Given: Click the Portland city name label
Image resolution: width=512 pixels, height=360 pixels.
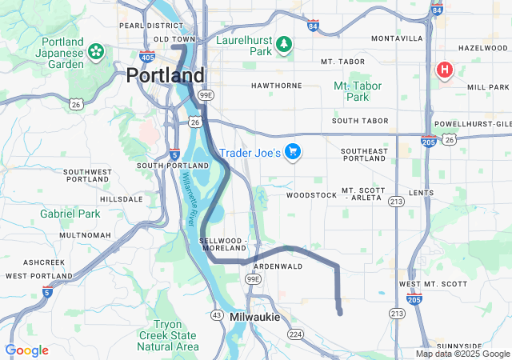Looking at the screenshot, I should click(165, 76).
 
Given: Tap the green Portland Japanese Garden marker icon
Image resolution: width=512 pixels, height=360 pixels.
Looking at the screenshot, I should click(96, 52).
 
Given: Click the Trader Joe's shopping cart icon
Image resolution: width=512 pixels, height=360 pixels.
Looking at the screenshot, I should click(293, 151).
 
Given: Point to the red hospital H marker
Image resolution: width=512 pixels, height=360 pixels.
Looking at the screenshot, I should click(444, 70).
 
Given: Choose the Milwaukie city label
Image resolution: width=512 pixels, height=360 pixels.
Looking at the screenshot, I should click(254, 318).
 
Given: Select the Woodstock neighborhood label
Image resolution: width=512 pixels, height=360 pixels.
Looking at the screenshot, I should click(311, 194).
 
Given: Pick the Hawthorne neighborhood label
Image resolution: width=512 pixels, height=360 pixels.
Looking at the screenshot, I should click(276, 85).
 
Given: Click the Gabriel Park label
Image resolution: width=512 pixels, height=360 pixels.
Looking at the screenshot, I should click(70, 214).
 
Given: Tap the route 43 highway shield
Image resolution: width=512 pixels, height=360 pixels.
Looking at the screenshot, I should click(216, 315).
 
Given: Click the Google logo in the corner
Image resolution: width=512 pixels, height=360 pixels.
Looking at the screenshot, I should click(26, 350).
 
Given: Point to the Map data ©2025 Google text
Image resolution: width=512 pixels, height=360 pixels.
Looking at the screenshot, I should click(462, 354).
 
